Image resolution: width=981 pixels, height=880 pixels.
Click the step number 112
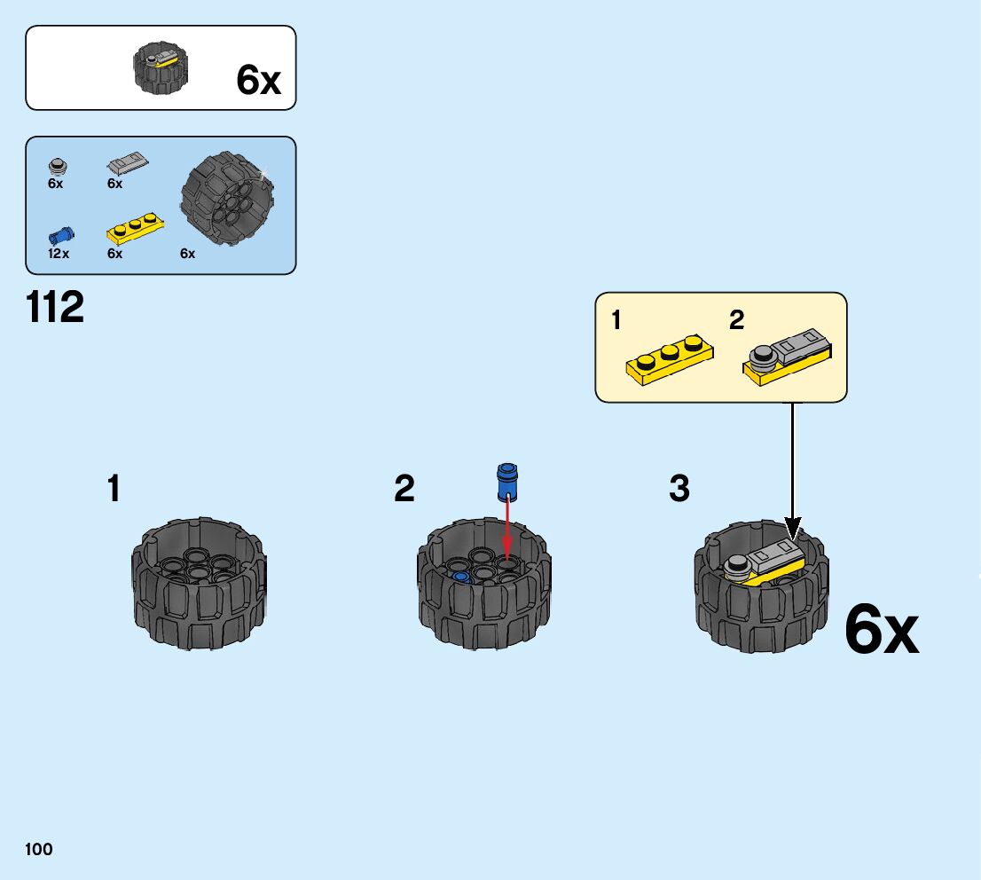(x=55, y=307)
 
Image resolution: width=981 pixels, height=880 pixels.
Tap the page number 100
(x=39, y=849)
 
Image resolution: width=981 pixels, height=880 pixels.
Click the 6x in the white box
(x=258, y=81)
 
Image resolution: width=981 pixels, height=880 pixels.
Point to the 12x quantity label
(x=59, y=254)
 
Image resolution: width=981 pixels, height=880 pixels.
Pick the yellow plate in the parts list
(x=135, y=230)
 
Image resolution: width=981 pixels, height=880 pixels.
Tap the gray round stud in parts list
(x=57, y=165)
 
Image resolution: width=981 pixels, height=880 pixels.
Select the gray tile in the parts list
(x=128, y=164)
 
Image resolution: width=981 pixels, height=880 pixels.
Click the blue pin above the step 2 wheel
(x=506, y=481)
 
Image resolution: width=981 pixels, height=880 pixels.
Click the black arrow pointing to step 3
(x=792, y=470)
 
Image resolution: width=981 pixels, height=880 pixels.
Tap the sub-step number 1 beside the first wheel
(x=114, y=489)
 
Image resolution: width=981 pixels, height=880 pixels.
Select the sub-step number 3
(x=679, y=489)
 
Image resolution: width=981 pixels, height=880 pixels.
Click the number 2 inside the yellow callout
(x=736, y=321)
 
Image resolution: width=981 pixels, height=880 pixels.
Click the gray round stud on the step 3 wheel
(x=735, y=566)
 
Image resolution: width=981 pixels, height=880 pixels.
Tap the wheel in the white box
(x=161, y=69)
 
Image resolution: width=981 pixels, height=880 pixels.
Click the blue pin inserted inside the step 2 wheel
(x=460, y=576)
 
